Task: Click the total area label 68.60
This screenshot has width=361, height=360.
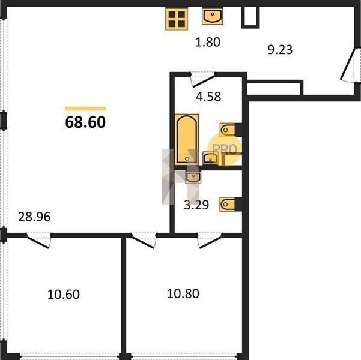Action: pyautogui.click(x=85, y=122)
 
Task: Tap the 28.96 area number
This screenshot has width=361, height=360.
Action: pyautogui.click(x=34, y=217)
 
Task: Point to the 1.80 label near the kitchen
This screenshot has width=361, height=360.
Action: pyautogui.click(x=208, y=42)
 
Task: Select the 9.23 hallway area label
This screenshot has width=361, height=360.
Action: pyautogui.click(x=280, y=50)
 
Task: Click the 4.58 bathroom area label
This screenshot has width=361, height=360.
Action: pyautogui.click(x=208, y=97)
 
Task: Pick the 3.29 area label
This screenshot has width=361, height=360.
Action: pyautogui.click(x=196, y=205)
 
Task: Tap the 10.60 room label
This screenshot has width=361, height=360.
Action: pyautogui.click(x=64, y=295)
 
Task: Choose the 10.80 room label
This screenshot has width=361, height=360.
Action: pyautogui.click(x=183, y=294)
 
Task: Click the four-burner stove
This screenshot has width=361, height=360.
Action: pyautogui.click(x=177, y=19)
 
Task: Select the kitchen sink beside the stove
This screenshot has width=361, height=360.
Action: pyautogui.click(x=213, y=16)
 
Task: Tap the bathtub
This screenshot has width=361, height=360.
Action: pyautogui.click(x=187, y=139)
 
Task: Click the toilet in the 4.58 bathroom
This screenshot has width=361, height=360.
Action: pyautogui.click(x=227, y=130)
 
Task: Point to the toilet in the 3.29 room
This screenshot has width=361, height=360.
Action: pyautogui.click(x=227, y=204)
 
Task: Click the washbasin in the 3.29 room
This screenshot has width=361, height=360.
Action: pyautogui.click(x=193, y=177)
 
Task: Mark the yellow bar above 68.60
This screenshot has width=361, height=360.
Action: pyautogui.click(x=85, y=109)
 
